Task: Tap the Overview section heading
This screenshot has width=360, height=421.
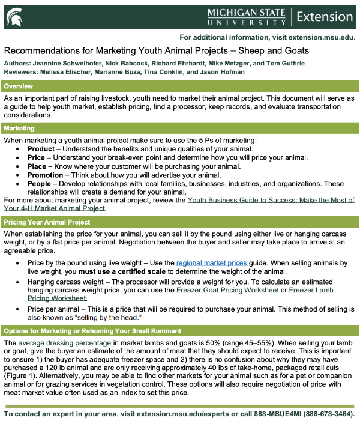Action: [x=19, y=86]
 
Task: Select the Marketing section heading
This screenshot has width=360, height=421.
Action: [x=20, y=128]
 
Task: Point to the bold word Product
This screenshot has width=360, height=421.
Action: [x=41, y=148]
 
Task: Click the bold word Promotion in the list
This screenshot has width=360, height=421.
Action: [x=46, y=175]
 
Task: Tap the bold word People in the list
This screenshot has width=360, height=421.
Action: [x=40, y=184]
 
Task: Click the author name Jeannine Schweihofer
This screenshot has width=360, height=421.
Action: [x=67, y=64]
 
